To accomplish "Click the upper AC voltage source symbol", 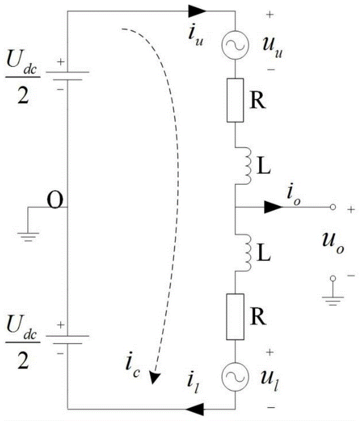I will [x=235, y=43].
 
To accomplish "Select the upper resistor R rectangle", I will [x=235, y=100].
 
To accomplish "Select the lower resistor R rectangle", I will [x=235, y=317].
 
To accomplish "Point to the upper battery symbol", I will [x=67, y=75].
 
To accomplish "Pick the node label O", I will [x=55, y=203].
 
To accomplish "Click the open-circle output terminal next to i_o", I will [x=333, y=207].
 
